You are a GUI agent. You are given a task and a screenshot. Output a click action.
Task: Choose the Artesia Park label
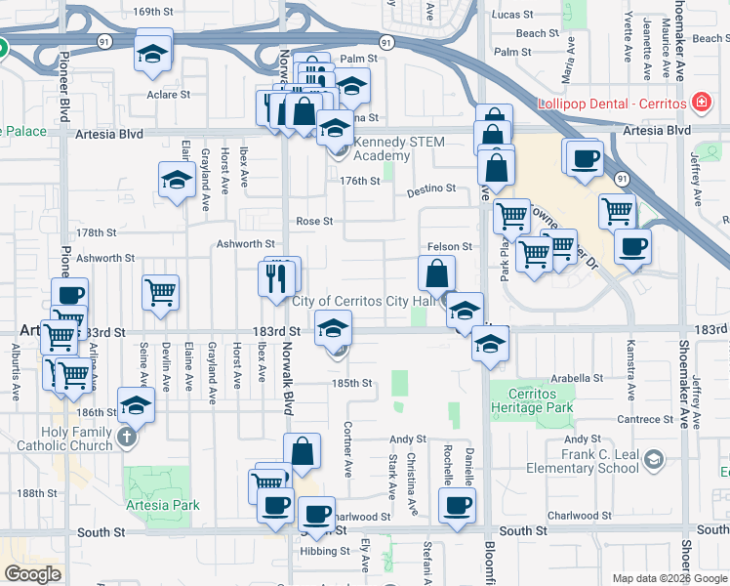pyautogui.click(x=163, y=505)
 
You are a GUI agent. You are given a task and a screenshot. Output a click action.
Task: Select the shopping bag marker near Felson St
pyautogui.click(x=436, y=273)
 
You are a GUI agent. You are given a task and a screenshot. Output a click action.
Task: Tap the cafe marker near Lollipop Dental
pyautogui.click(x=585, y=159)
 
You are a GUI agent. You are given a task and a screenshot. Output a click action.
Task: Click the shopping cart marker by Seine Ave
pyautogui.click(x=160, y=292)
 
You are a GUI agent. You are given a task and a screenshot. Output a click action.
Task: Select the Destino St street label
pyautogui.click(x=432, y=187)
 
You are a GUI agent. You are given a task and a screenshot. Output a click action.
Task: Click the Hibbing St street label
pyautogui.click(x=329, y=551)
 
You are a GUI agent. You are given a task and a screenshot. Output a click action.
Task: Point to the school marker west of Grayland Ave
pyautogui.click(x=177, y=181)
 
